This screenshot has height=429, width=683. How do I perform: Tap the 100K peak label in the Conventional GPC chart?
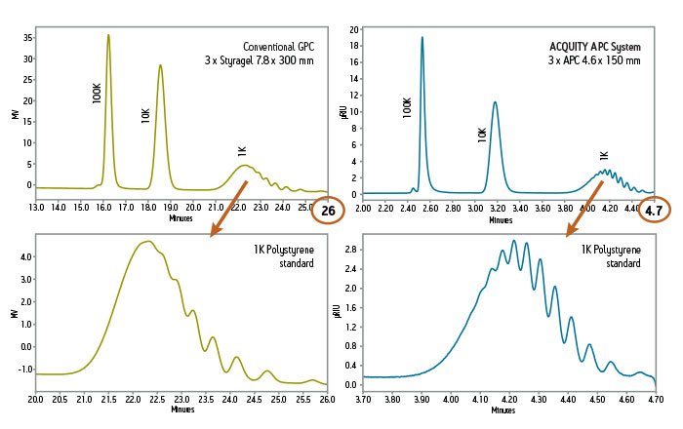tap(97, 93)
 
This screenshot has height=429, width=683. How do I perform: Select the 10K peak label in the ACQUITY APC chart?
tap(482, 135)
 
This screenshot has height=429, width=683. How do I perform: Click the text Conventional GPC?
tap(279, 46)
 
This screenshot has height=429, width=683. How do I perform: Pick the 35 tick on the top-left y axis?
tap(27, 38)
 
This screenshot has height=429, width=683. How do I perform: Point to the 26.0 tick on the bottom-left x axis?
tap(327, 400)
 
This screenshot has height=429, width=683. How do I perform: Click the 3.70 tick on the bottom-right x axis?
tap(363, 400)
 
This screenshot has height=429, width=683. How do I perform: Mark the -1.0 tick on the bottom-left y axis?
tap(25, 370)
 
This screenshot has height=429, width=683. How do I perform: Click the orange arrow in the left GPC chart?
tap(228, 207)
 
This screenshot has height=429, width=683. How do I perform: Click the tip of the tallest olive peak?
tap(108, 35)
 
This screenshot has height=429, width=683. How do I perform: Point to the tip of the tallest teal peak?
tap(422, 38)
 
